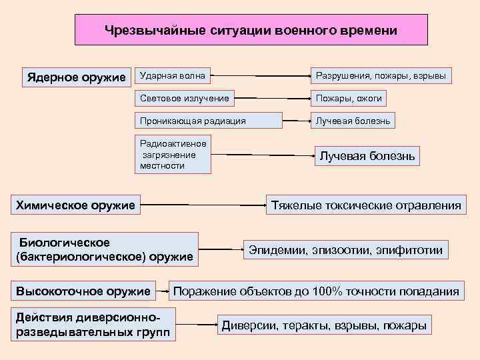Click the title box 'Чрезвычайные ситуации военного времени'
pos(251,31)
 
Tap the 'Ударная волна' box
pos(172,76)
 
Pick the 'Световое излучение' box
pos(185,99)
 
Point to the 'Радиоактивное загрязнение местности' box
pos(173,155)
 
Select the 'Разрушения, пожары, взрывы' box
pos(381,76)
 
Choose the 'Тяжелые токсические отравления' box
pos(366,205)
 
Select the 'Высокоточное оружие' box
pos(84,291)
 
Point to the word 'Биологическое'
pos(64,242)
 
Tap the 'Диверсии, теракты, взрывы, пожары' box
pos(323,325)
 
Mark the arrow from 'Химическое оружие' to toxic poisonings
pos(204,205)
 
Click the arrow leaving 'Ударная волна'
pos(259,77)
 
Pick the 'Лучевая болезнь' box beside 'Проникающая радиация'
pos(353,121)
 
